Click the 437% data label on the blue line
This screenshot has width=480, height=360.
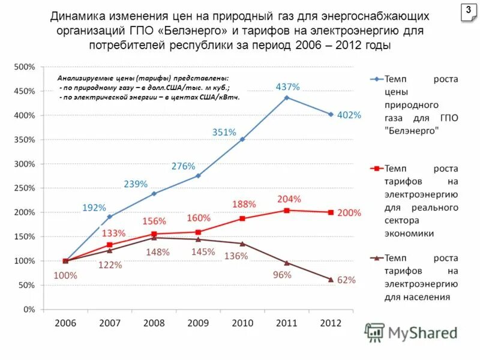coord(287,87)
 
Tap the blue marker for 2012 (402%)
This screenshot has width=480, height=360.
coord(331,114)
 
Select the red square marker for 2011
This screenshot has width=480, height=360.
coord(287,210)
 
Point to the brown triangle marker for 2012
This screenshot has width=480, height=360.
coord(331,279)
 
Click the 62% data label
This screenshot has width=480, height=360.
coord(347,280)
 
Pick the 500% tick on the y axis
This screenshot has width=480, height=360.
coord(25,67)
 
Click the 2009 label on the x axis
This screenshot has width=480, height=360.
coord(198,323)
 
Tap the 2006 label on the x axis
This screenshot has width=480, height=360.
coord(65,323)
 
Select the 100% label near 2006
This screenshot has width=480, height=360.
coord(65,276)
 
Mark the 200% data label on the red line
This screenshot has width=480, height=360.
coord(349,212)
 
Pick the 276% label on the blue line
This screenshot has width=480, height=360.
coord(184,166)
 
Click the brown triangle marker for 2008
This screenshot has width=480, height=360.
coord(154,238)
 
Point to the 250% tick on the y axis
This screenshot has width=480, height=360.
coord(25,188)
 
